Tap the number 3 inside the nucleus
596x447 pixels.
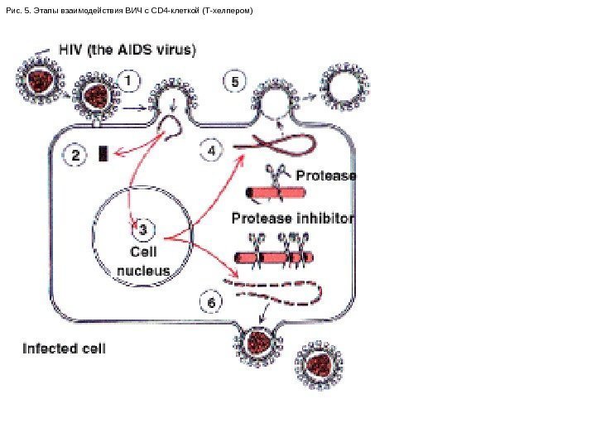(142, 228)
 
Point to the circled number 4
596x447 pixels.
(213, 152)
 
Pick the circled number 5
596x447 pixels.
(236, 83)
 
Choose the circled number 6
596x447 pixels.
(213, 303)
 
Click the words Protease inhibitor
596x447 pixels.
(292, 219)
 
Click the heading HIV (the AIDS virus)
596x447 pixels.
(127, 50)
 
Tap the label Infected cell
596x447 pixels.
(64, 348)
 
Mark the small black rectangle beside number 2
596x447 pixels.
(103, 153)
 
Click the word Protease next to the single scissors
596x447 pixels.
(325, 175)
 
